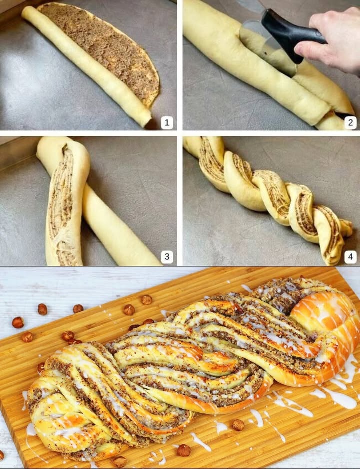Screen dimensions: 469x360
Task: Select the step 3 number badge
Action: pos(167,257)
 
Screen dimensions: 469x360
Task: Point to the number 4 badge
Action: pos(350,257)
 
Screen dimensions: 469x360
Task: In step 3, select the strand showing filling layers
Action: pos(62,205)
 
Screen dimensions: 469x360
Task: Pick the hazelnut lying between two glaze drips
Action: pos(238,424)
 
